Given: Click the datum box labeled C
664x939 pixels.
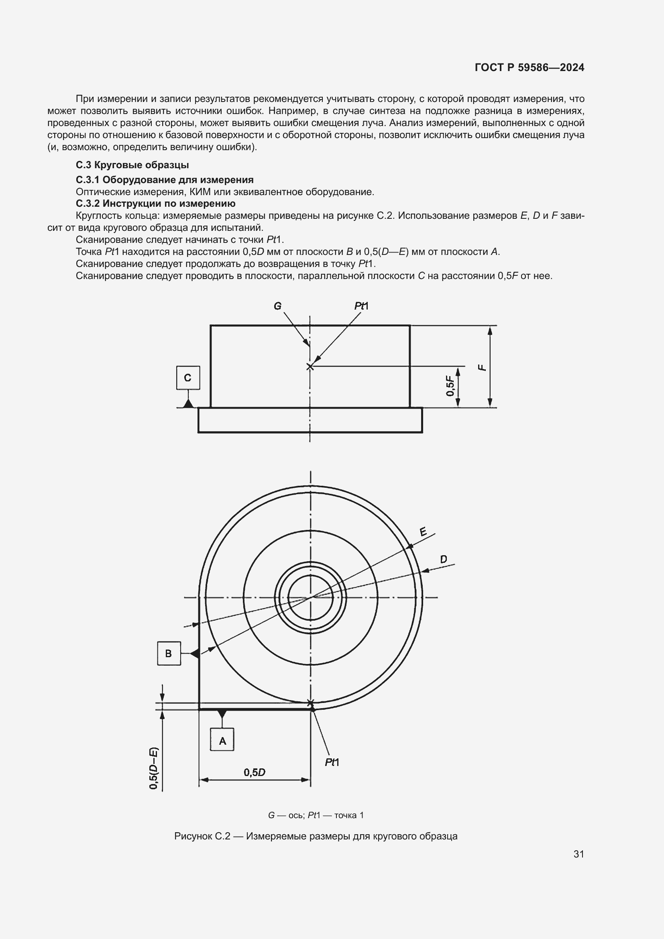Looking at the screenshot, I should [x=188, y=377].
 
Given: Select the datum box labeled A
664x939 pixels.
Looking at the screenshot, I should [x=222, y=739].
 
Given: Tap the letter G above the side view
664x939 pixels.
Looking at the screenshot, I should [x=278, y=306].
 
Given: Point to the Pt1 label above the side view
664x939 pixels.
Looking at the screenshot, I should [x=361, y=306].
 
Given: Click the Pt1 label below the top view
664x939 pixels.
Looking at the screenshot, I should [x=332, y=762].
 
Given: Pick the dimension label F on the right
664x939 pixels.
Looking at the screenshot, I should [x=483, y=367].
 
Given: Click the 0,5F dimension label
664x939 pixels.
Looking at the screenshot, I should [x=450, y=387].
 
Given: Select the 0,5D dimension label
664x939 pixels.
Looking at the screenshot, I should [x=254, y=772].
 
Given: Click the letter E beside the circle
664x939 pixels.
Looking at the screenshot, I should [x=423, y=532].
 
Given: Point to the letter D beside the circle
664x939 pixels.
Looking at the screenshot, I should [x=444, y=560].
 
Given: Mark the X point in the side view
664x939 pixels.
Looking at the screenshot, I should [x=310, y=367].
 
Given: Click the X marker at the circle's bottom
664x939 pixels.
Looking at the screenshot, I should [x=310, y=703].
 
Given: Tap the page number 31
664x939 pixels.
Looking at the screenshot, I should [x=578, y=854].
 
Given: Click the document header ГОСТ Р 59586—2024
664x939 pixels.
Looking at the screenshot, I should [x=530, y=67].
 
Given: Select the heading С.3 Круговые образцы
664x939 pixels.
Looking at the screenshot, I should [x=132, y=165].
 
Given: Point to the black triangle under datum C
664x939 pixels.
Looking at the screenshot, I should [x=188, y=403].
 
